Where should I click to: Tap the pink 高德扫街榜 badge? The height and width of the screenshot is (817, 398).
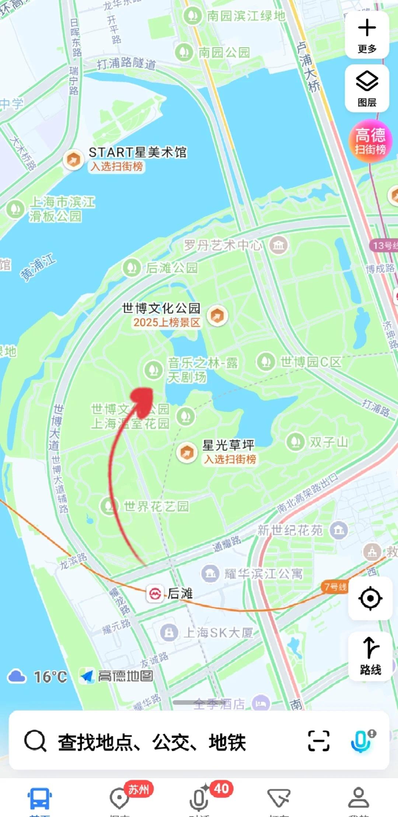pyautogui.click(x=370, y=141)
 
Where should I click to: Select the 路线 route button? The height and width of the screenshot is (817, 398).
pyautogui.click(x=370, y=656)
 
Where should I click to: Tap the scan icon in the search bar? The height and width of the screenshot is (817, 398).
pyautogui.click(x=319, y=741)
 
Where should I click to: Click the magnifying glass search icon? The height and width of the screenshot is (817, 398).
pyautogui.click(x=35, y=741)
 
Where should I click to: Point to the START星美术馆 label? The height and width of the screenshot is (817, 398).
pyautogui.click(x=137, y=152)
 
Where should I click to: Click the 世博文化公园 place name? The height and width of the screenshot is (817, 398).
pyautogui.click(x=161, y=308)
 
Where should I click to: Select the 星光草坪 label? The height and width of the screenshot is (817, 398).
pyautogui.click(x=228, y=445)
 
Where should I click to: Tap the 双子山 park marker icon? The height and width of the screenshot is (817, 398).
pyautogui.click(x=295, y=441)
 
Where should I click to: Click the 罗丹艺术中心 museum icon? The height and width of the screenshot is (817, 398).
pyautogui.click(x=279, y=245)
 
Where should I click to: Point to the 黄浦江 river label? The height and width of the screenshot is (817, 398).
pyautogui.click(x=38, y=267)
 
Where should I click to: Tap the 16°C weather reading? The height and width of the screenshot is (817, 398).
pyautogui.click(x=50, y=677)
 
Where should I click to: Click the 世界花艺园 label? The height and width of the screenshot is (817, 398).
pyautogui.click(x=156, y=506)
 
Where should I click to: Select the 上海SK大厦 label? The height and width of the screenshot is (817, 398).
pyautogui.click(x=218, y=633)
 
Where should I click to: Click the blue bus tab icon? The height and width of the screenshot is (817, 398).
pyautogui.click(x=39, y=798)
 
